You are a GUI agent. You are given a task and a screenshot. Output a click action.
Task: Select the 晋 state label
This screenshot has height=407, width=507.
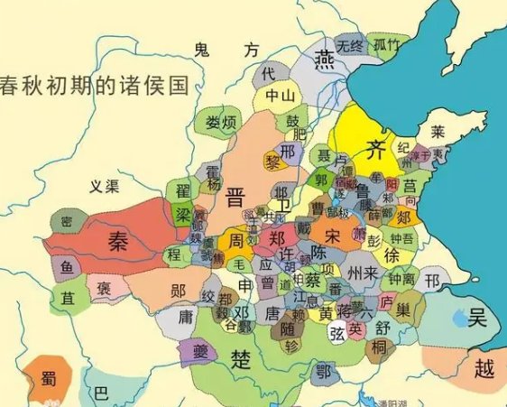point(237,198)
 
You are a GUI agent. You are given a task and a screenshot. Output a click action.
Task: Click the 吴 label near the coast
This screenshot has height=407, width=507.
point(478,318)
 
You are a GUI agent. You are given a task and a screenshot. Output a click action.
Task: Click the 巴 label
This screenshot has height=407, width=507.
point(101,393)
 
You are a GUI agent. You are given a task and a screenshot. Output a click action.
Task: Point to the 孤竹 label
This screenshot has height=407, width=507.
point(388,44)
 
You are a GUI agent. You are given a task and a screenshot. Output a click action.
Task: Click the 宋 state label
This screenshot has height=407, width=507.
point(333,236)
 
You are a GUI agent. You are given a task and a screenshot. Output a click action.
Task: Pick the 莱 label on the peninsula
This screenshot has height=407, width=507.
point(438,132)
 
